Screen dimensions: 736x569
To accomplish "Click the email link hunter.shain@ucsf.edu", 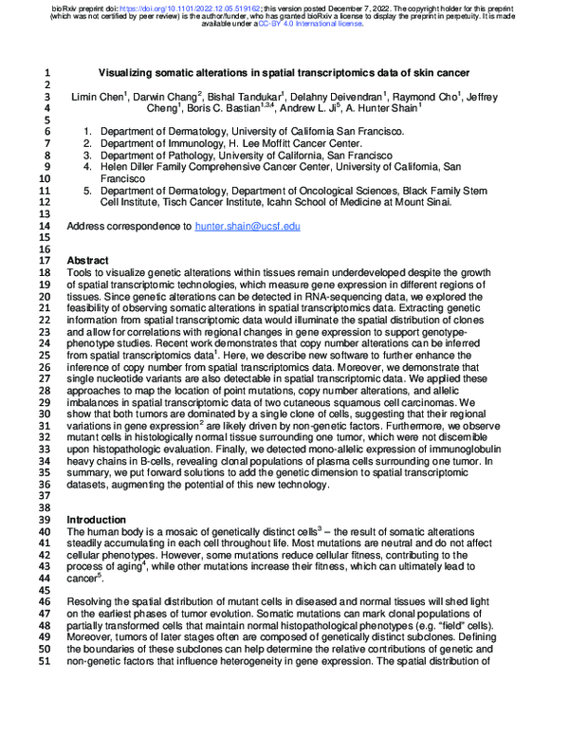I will tap(247, 227).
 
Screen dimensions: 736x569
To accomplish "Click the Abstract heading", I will tap(88, 260).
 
